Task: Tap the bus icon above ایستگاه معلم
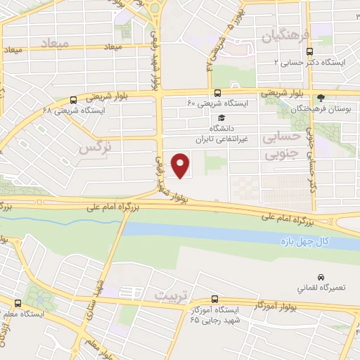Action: [x=16, y=304]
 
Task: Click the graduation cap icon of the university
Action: [x=222, y=118]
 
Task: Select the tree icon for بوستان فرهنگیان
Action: [x=322, y=97]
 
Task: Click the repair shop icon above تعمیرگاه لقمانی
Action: [x=321, y=277]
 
